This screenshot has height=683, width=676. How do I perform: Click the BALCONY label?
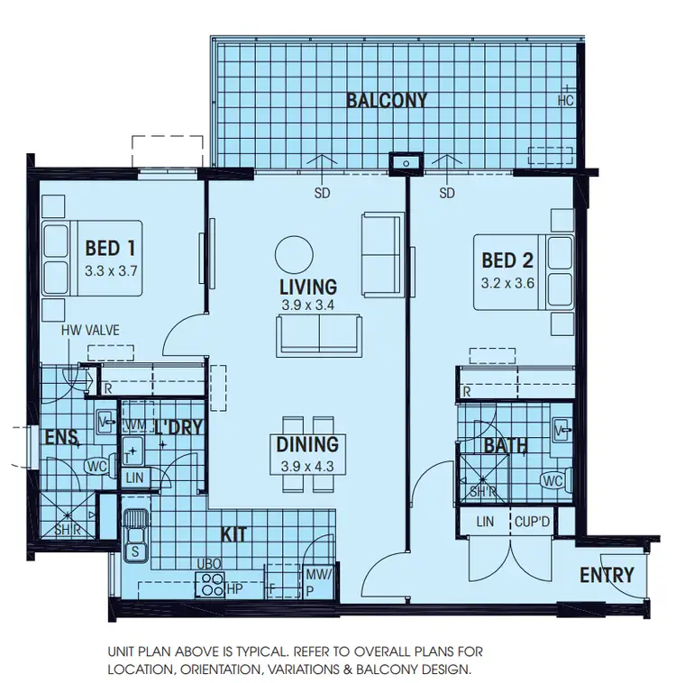coord(387,100)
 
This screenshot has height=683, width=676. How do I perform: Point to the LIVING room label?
coord(307,287)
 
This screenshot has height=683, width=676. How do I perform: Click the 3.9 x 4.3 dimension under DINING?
coord(307,466)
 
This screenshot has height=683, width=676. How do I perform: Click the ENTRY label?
coord(607,575)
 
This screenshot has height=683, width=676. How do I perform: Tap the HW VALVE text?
coord(90,331)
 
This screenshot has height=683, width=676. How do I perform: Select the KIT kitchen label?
coord(234,534)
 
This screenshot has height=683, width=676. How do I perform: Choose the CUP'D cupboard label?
coord(533,521)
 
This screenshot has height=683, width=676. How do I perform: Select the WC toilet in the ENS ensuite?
coord(96,467)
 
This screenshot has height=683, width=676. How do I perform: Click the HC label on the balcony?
coord(566,100)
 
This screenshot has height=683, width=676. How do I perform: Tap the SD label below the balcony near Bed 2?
coord(447,193)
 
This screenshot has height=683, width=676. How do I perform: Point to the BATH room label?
coord(506,446)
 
